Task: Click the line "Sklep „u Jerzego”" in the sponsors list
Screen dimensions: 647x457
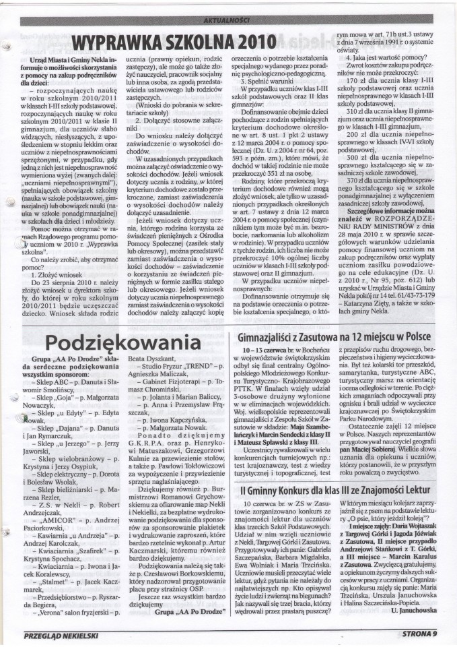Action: (67, 445)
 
